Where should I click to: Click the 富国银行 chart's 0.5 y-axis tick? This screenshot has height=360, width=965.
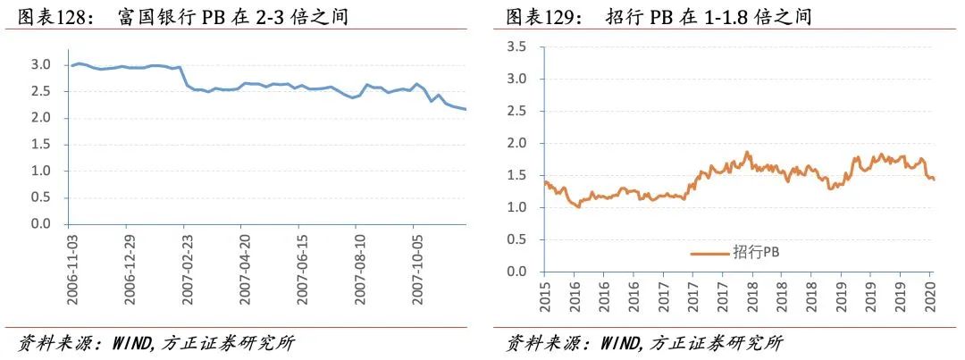41,197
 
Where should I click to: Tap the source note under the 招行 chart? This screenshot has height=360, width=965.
644,343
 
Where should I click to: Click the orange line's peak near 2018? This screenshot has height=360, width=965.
746,152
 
